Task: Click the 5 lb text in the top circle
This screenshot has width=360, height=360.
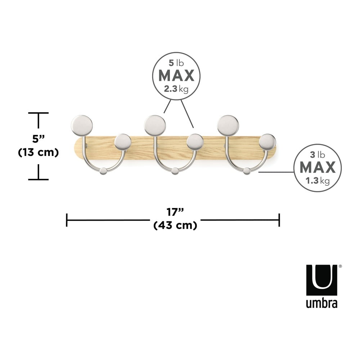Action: coord(176,63)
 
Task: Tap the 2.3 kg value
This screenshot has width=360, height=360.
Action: coord(176,89)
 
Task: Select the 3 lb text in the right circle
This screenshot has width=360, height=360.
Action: coord(317,155)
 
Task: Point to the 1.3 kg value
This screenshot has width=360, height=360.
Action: coord(317,181)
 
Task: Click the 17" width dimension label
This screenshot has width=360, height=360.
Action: coord(175,212)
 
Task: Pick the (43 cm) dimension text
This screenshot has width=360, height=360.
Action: coord(175,225)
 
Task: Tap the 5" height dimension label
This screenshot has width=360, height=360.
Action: coord(39,139)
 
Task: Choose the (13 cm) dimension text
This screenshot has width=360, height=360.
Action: coord(39,152)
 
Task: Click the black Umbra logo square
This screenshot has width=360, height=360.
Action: coord(321,280)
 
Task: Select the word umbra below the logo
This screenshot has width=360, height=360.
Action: coord(321,303)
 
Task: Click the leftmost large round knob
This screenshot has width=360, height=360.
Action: coord(82,126)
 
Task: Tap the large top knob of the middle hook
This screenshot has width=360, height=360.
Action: coord(155,126)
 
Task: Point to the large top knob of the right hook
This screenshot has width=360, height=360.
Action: coord(228,126)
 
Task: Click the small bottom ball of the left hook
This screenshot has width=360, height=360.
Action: coord(103,171)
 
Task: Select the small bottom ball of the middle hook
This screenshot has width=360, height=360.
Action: coord(175,171)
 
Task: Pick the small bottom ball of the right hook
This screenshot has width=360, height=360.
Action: coord(247,171)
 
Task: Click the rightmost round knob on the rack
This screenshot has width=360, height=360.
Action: coord(267,142)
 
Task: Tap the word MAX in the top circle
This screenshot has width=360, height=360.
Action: coord(176,76)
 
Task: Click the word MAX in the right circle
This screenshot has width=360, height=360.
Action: coord(318,168)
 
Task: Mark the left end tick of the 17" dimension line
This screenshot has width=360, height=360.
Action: coord(67,220)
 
